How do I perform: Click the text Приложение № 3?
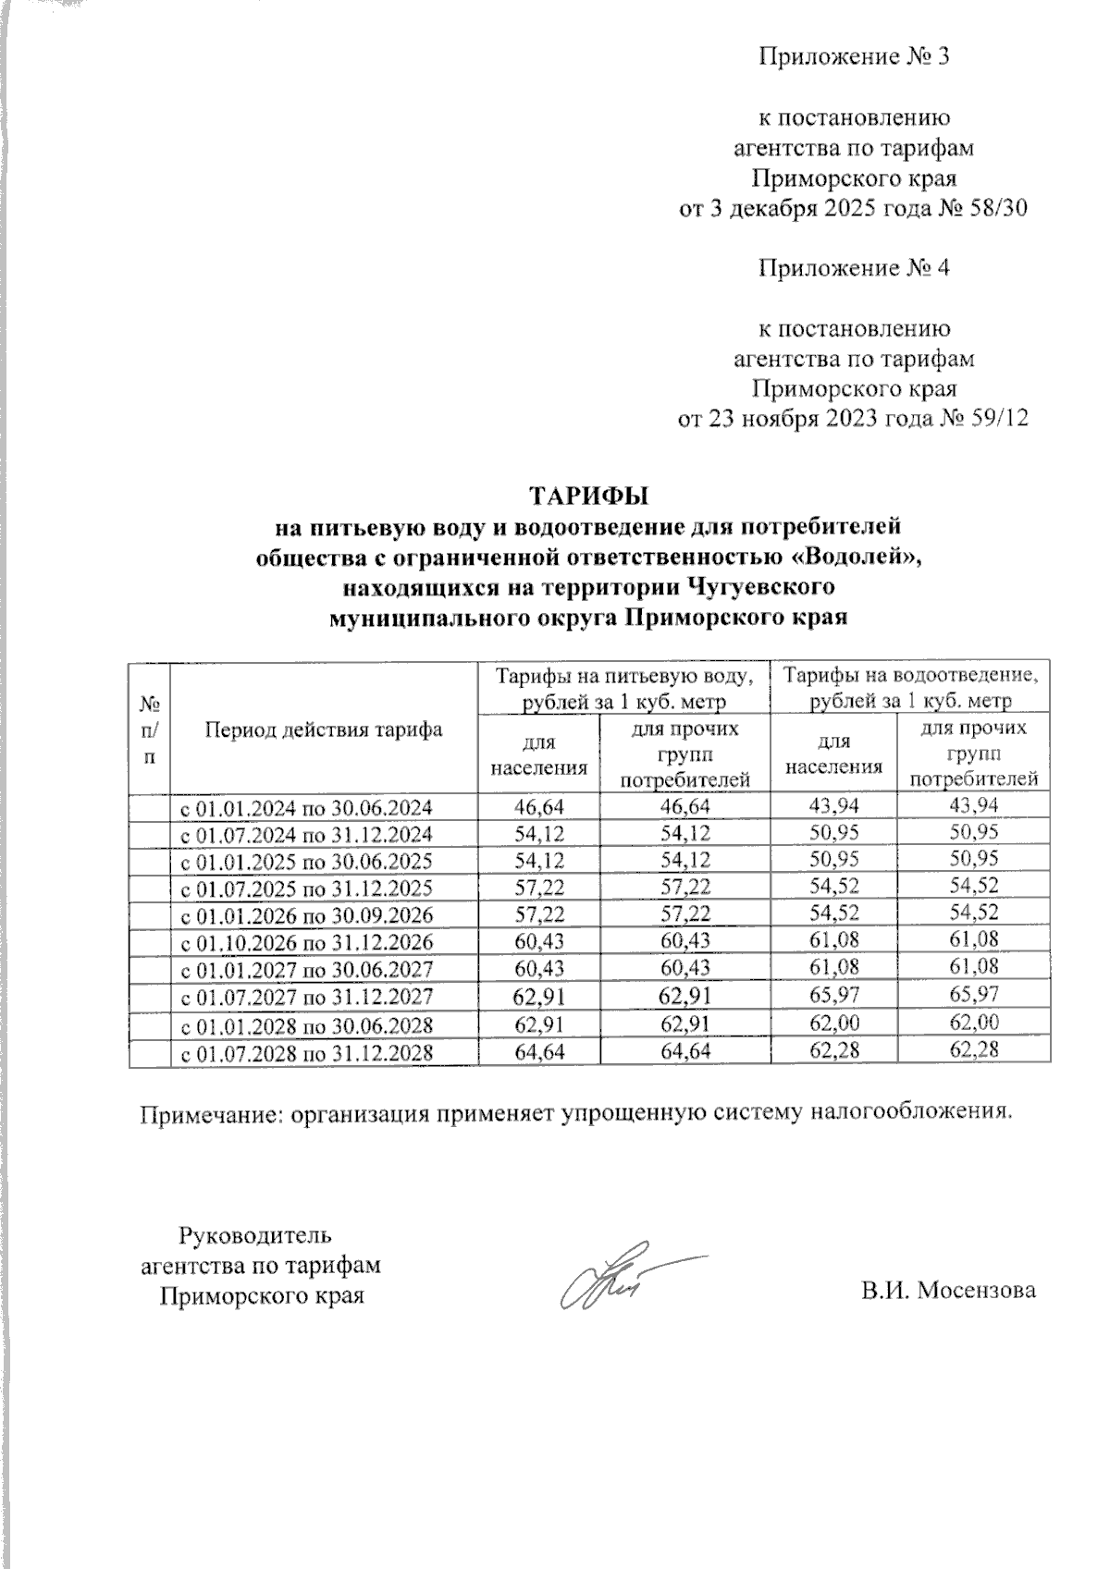[854, 57]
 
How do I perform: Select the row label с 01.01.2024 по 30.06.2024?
[306, 808]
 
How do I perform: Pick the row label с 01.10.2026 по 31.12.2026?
[306, 943]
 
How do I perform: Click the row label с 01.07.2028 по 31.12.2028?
[306, 1052]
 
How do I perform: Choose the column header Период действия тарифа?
[324, 729]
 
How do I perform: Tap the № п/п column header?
[150, 729]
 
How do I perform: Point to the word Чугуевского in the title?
[758, 587]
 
